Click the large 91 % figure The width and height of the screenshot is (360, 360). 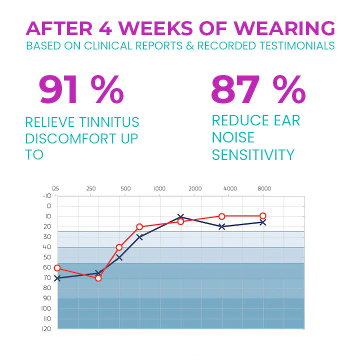pos(81,90)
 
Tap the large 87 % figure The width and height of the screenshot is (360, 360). pos(257,90)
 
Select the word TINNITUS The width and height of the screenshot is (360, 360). pos(108,122)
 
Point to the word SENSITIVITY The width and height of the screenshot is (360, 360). pos(253,154)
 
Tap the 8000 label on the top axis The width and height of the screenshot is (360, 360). pos(264,189)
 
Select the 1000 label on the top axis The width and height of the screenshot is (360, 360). pos(159,189)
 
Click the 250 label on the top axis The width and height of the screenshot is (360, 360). pos(91,189)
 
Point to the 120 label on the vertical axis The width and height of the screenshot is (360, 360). pos(46,328)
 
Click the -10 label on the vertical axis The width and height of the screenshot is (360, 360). pos(46,195)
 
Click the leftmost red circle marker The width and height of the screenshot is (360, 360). pos(57,268)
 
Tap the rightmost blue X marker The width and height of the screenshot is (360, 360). pos(262,222)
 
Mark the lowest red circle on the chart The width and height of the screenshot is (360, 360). pos(98,278)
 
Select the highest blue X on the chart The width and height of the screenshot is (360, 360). pos(180,217)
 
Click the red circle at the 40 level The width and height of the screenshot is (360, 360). pos(119,247)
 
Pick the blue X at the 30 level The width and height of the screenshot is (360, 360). pos(139,237)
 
